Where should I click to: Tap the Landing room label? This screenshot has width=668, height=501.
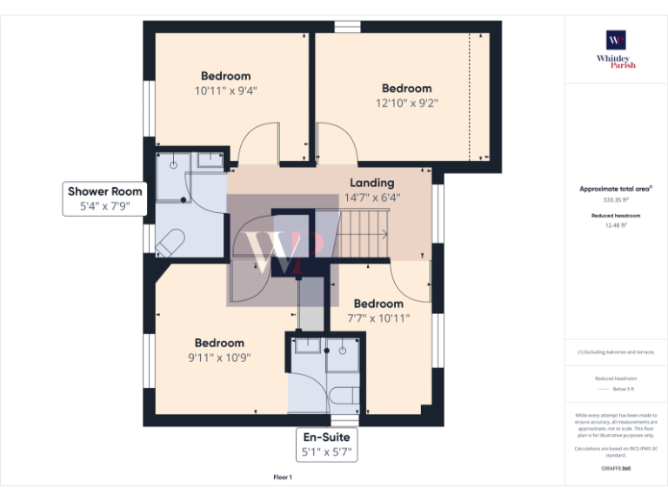click(371, 183)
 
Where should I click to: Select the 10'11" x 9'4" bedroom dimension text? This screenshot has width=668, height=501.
click(225, 90)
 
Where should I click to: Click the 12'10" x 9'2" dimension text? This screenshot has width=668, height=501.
click(406, 103)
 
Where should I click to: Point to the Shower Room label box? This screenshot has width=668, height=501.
click(105, 199)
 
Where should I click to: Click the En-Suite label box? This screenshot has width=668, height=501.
click(328, 444)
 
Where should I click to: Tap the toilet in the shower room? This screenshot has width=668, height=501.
click(169, 241)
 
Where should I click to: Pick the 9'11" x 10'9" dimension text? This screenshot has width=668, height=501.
click(219, 357)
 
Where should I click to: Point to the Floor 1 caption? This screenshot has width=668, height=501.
click(283, 478)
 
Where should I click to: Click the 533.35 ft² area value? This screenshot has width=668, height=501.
click(616, 199)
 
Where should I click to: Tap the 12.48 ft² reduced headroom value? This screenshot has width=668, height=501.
click(616, 225)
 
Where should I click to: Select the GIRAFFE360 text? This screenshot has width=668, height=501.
click(616, 469)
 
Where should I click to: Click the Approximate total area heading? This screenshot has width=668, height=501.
click(616, 189)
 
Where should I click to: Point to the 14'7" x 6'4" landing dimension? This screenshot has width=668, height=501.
click(371, 197)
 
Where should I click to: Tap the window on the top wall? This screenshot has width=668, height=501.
click(347, 26)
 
